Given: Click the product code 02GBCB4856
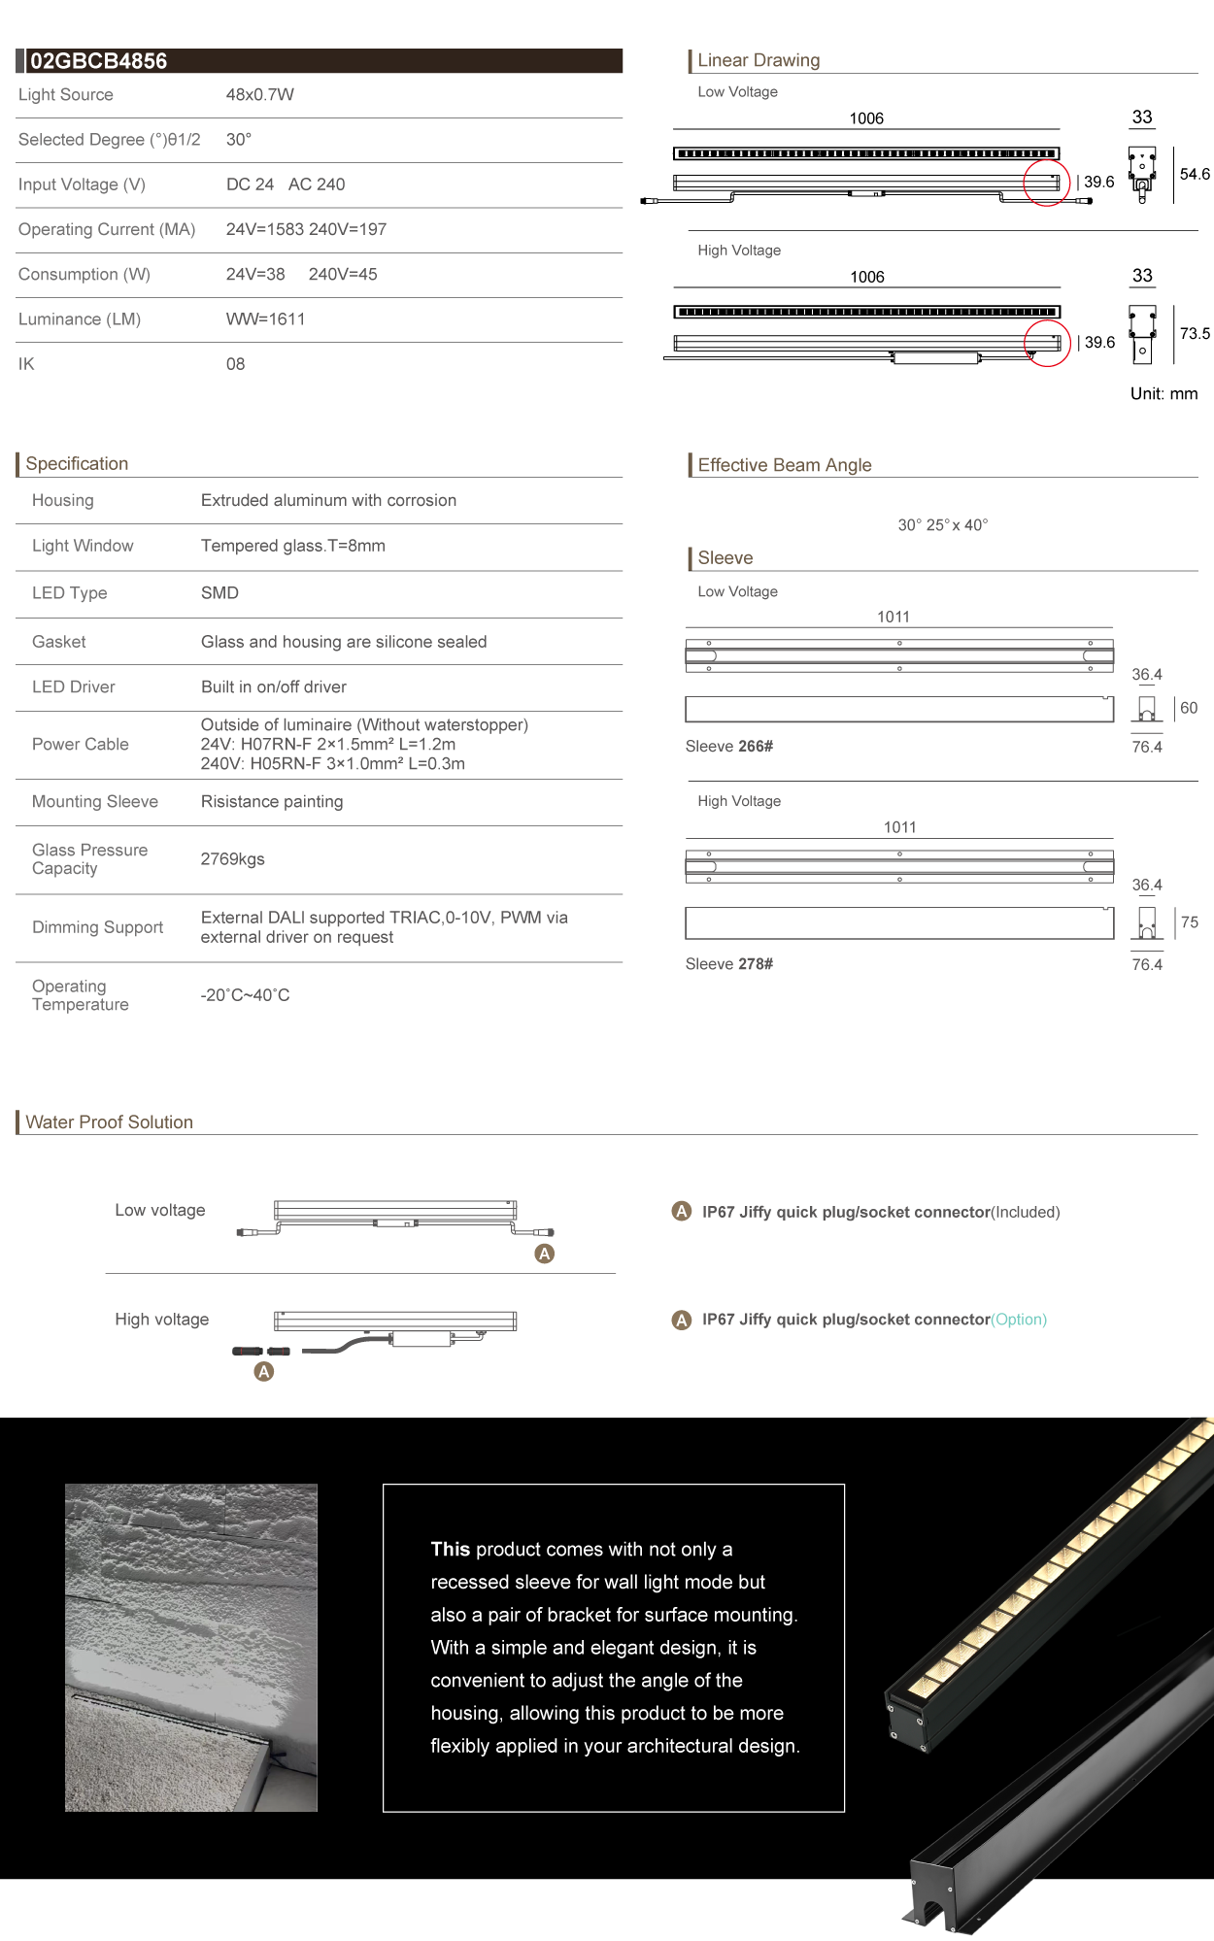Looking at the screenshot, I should tap(98, 61).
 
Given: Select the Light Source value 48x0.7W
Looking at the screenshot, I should tap(259, 95).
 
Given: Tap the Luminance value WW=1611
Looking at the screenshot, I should tap(265, 319).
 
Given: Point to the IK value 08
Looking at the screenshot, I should tap(235, 364).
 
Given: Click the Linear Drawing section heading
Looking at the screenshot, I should tap(759, 60).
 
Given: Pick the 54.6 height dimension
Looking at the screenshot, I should tap(1195, 175).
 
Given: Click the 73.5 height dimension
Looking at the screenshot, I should tap(1195, 334).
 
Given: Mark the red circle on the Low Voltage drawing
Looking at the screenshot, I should tap(1046, 182).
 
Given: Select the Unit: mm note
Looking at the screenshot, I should tap(1163, 394).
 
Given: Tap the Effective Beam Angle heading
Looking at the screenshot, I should tap(785, 465).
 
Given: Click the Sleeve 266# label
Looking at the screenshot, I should tap(728, 747).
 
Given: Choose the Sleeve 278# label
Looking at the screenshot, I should tap(728, 964).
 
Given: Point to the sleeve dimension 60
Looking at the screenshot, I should tap(1189, 709).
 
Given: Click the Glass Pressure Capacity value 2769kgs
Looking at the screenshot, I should tap(232, 859).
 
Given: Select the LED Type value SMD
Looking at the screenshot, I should tap(219, 593).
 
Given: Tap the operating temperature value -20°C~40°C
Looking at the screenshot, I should tap(245, 995).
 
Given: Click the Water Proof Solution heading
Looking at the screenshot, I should tap(109, 1122).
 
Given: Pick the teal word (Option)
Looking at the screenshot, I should tap(1019, 1320).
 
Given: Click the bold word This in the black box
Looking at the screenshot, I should tap(451, 1550).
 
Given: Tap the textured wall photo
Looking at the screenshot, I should tap(191, 1647).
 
